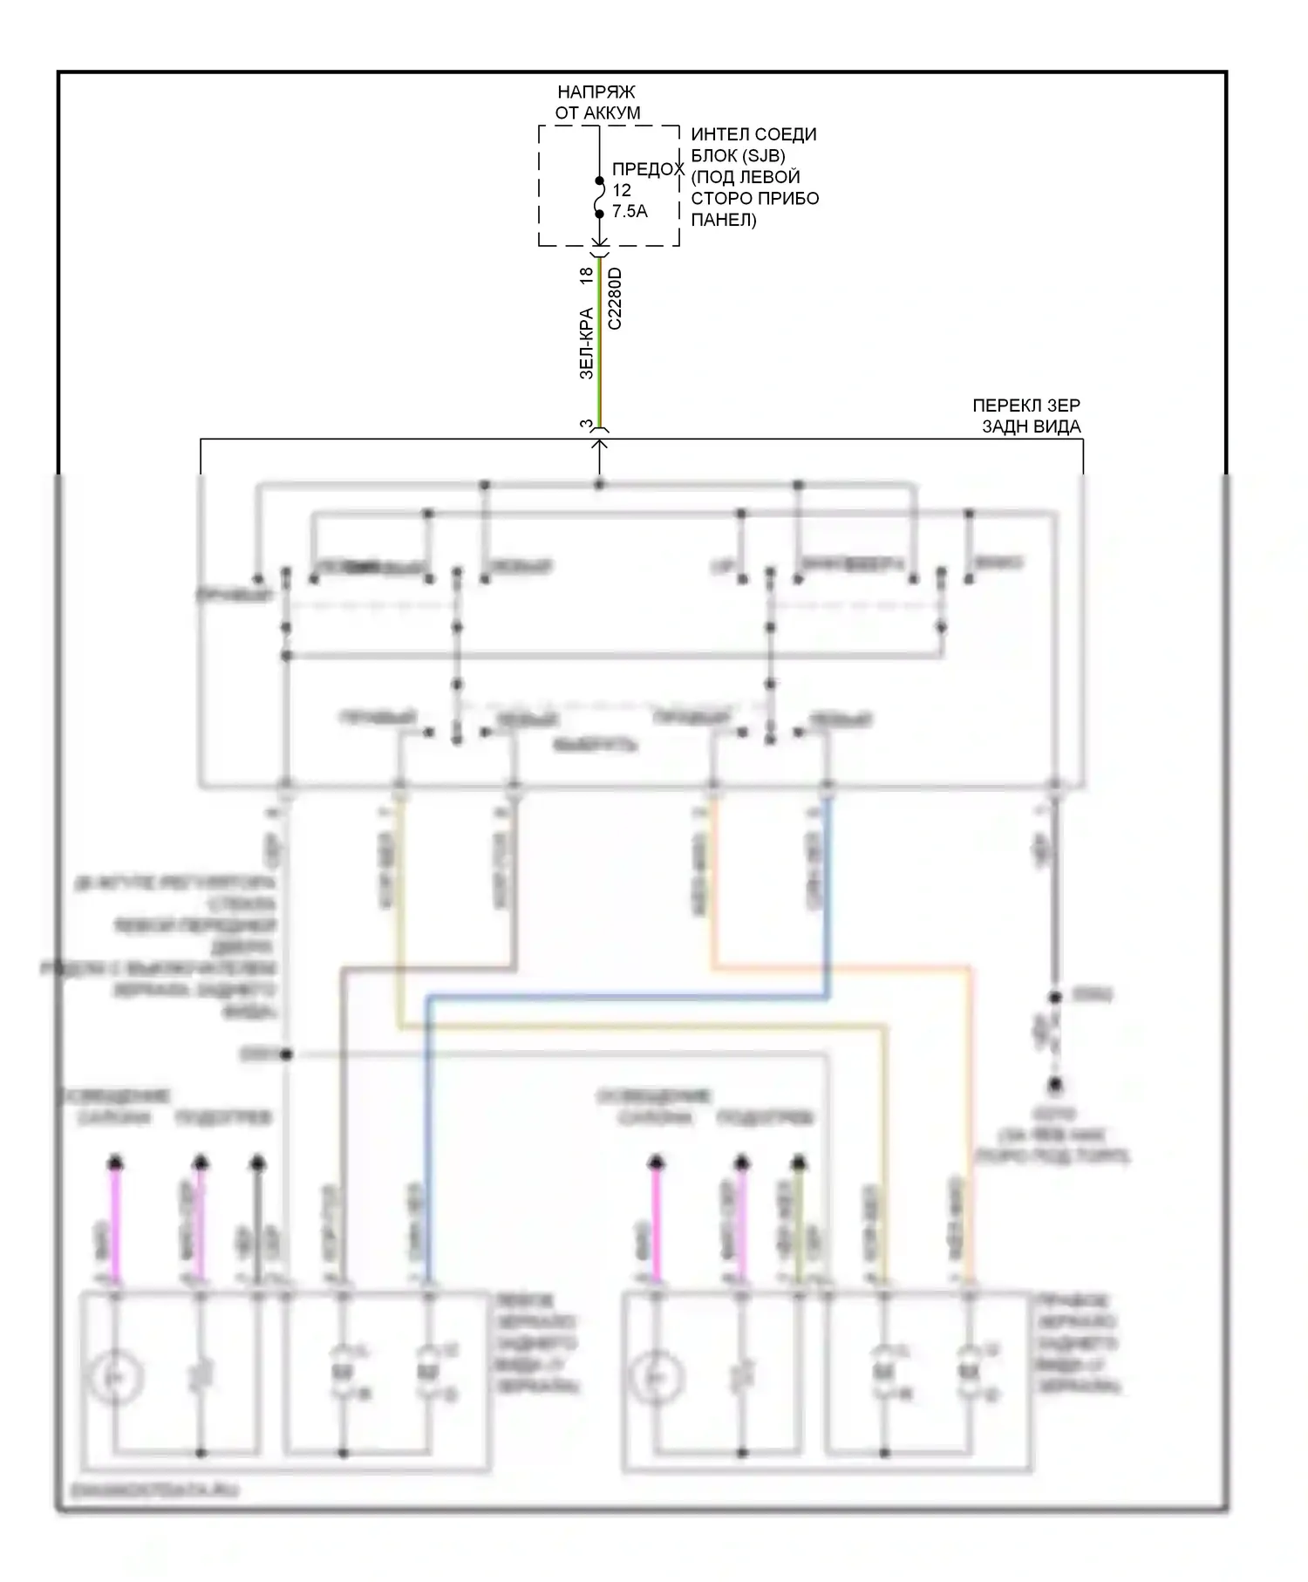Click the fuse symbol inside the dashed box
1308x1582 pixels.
coord(600,198)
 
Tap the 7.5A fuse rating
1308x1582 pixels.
coord(630,211)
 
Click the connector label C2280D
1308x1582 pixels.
coord(615,298)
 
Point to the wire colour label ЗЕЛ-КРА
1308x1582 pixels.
coord(587,344)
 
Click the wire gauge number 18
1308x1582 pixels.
coord(587,274)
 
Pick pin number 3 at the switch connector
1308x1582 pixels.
coord(586,425)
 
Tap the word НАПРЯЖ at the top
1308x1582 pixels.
coord(596,92)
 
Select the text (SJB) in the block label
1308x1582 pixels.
coord(762,156)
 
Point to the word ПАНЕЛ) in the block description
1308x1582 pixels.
coord(723,220)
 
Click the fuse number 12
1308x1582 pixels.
coord(621,190)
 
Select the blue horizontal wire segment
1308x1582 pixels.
coord(628,997)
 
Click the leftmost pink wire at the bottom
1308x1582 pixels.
coord(115,1221)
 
